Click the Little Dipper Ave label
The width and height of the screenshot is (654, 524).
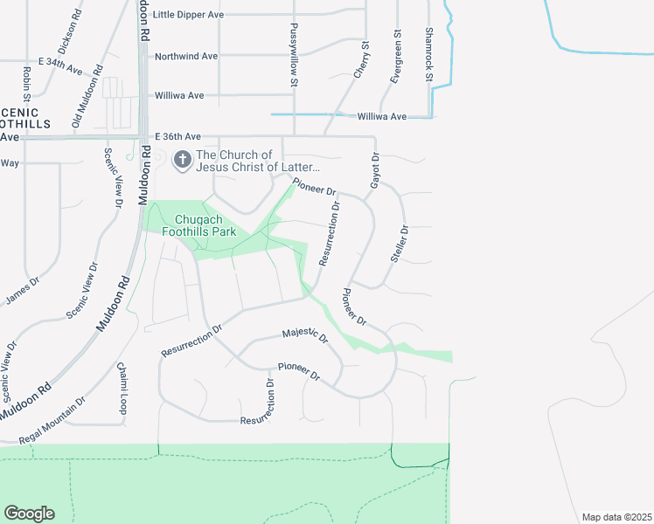[x=188, y=15]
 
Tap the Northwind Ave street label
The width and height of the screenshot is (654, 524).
[x=186, y=56]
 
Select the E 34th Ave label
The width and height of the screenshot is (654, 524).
[x=59, y=64]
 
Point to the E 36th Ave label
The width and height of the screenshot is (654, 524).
[x=178, y=137]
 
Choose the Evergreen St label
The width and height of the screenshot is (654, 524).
[x=396, y=57]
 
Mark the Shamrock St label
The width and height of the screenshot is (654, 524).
[x=428, y=54]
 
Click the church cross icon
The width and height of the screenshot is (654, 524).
[x=183, y=159]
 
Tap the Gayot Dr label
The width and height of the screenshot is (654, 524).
[x=374, y=170]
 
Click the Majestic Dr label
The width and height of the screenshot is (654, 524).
[x=304, y=334]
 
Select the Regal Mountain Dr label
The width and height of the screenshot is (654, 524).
[x=52, y=420]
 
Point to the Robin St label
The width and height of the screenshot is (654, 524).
[x=26, y=84]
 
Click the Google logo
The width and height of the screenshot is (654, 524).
[x=29, y=514]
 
